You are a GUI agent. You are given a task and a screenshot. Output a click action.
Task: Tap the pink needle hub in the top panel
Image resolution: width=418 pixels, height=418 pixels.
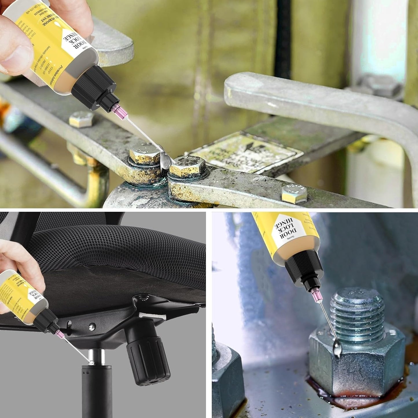119,110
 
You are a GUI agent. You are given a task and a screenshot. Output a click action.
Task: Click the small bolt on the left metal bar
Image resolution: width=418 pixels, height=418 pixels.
81,119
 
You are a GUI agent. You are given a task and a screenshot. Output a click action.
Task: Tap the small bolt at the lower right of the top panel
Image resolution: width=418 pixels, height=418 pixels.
294,193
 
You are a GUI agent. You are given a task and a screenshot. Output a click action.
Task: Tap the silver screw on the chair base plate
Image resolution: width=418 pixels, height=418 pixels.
92,326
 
